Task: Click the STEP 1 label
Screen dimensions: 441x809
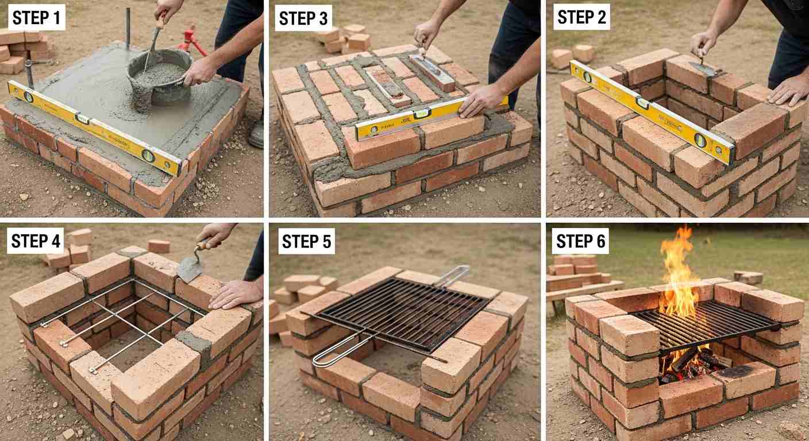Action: (x=36, y=18)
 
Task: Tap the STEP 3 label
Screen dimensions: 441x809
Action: (x=303, y=18)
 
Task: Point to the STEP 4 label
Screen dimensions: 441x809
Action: (x=36, y=241)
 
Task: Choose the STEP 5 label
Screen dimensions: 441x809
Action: (x=306, y=241)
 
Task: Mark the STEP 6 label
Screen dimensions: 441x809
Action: (x=580, y=241)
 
